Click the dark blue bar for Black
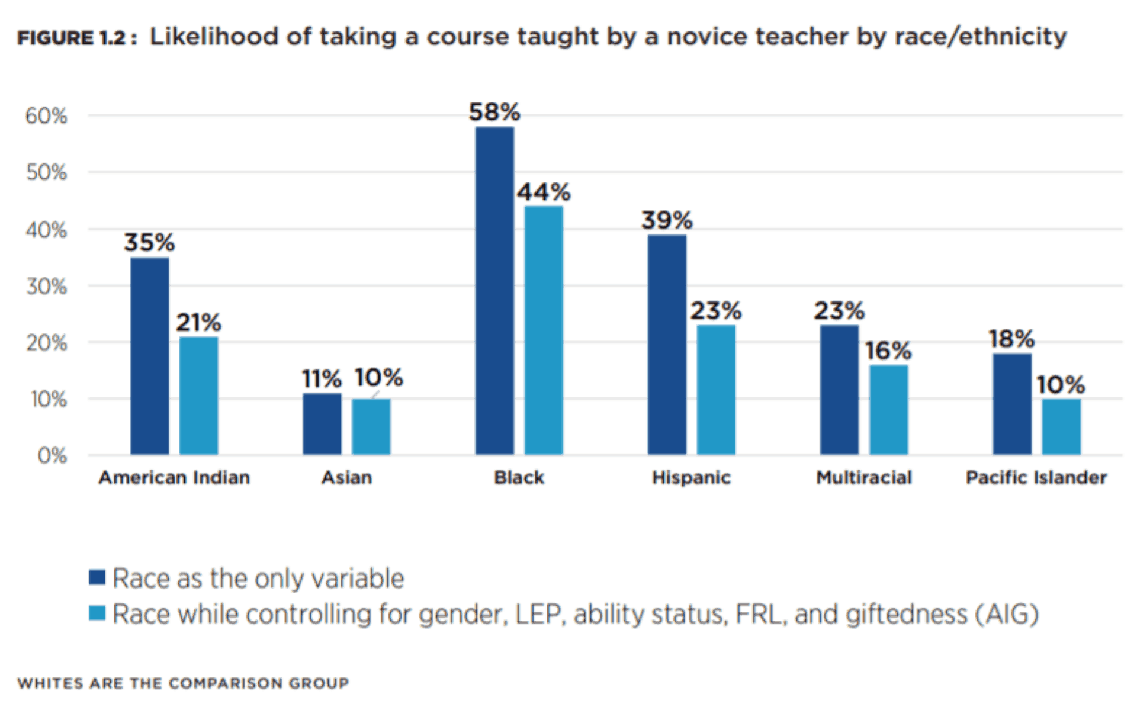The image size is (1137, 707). pyautogui.click(x=494, y=291)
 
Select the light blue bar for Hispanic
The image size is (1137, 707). pyautogui.click(x=716, y=390)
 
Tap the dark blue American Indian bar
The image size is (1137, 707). pyautogui.click(x=149, y=356)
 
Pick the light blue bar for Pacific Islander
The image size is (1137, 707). pyautogui.click(x=1061, y=427)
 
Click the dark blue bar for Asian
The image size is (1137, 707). pyautogui.click(x=322, y=424)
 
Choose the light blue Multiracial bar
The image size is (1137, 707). pyautogui.click(x=888, y=410)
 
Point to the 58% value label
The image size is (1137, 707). pyautogui.click(x=494, y=112)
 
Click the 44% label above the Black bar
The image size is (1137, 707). pyautogui.click(x=544, y=192)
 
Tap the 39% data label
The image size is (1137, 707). pyautogui.click(x=667, y=220)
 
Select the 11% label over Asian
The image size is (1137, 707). pyautogui.click(x=322, y=379)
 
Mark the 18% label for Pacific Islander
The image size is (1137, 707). pyautogui.click(x=1011, y=339)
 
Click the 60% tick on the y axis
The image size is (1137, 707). pyautogui.click(x=46, y=116)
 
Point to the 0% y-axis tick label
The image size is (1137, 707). pyautogui.click(x=52, y=456)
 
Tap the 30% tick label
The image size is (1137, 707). pyautogui.click(x=46, y=287)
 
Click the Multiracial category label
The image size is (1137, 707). pyautogui.click(x=863, y=477)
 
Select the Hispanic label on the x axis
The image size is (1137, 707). pyautogui.click(x=691, y=477)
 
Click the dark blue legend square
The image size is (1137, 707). pyautogui.click(x=97, y=577)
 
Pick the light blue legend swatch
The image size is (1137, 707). pyautogui.click(x=97, y=613)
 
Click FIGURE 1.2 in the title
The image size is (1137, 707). pyautogui.click(x=72, y=38)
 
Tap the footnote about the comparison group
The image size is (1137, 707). pyautogui.click(x=183, y=683)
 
